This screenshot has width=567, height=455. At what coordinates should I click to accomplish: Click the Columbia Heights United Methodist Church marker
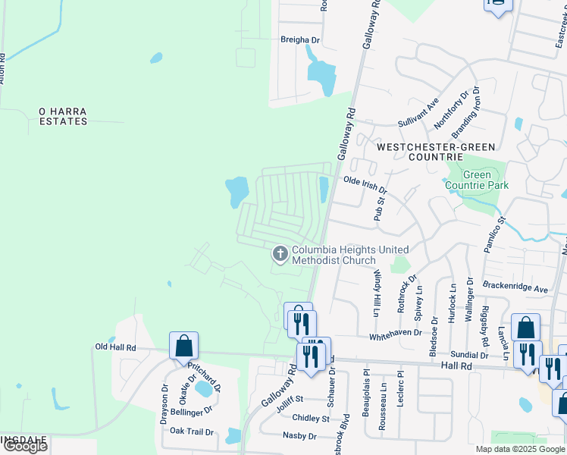pyautogui.click(x=280, y=254)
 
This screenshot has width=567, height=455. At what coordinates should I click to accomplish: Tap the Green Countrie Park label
pyautogui.click(x=477, y=180)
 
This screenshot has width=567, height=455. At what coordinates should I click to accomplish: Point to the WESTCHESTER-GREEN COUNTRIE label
pyautogui.click(x=436, y=152)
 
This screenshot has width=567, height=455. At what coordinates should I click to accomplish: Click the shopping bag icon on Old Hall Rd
pyautogui.click(x=183, y=346)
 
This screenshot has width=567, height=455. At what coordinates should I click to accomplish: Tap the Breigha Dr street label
pyautogui.click(x=301, y=40)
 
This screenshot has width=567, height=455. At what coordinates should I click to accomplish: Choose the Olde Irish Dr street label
pyautogui.click(x=365, y=181)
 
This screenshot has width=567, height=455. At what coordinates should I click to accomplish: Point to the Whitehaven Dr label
pyautogui.click(x=395, y=334)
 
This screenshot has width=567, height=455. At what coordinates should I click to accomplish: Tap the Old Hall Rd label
pyautogui.click(x=115, y=347)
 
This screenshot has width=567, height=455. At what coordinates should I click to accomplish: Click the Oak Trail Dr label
pyautogui.click(x=193, y=431)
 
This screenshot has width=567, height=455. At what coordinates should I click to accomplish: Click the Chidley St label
pyautogui.click(x=311, y=418)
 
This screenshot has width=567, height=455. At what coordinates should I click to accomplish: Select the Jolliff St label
pyautogui.click(x=290, y=399)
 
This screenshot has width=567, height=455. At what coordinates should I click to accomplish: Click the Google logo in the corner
pyautogui.click(x=25, y=447)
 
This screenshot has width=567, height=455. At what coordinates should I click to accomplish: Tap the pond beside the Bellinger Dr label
pyautogui.click(x=204, y=389)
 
